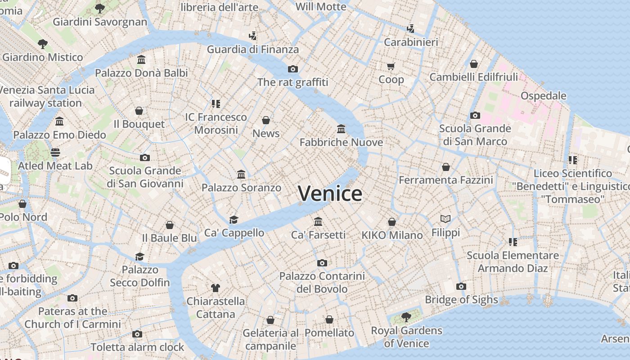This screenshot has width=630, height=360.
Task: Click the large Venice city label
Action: [x=330, y=193]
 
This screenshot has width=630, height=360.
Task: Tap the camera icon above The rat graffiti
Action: [x=293, y=69]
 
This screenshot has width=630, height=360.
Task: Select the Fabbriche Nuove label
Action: [x=341, y=143]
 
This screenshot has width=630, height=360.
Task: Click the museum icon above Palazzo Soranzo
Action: [x=241, y=174]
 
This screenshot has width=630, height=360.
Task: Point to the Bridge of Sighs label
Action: [x=461, y=300]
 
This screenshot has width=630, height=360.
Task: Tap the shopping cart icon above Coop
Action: [x=391, y=66]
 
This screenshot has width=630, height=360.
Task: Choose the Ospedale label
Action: [x=543, y=96]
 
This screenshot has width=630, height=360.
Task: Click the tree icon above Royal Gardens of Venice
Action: [x=406, y=317]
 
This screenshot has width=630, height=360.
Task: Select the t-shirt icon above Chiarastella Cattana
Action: [x=215, y=288]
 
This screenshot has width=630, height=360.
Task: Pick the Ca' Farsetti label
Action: [x=318, y=235]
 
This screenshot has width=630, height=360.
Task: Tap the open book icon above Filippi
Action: [x=445, y=219]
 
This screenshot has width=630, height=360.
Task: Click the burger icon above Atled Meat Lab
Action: [x=55, y=152]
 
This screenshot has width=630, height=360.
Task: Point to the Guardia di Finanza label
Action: [x=252, y=49]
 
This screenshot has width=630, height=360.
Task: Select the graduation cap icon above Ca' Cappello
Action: [x=234, y=220]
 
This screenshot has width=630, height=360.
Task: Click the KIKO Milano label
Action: [x=392, y=235]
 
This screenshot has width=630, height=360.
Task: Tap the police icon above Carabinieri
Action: [x=410, y=29]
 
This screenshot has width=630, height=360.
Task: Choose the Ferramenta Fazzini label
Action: [x=446, y=180]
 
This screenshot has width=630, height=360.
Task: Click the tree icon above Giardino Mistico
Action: [x=43, y=44]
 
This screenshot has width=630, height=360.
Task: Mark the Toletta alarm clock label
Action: [x=137, y=347]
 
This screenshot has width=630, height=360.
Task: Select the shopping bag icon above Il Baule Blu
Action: [x=170, y=225]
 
